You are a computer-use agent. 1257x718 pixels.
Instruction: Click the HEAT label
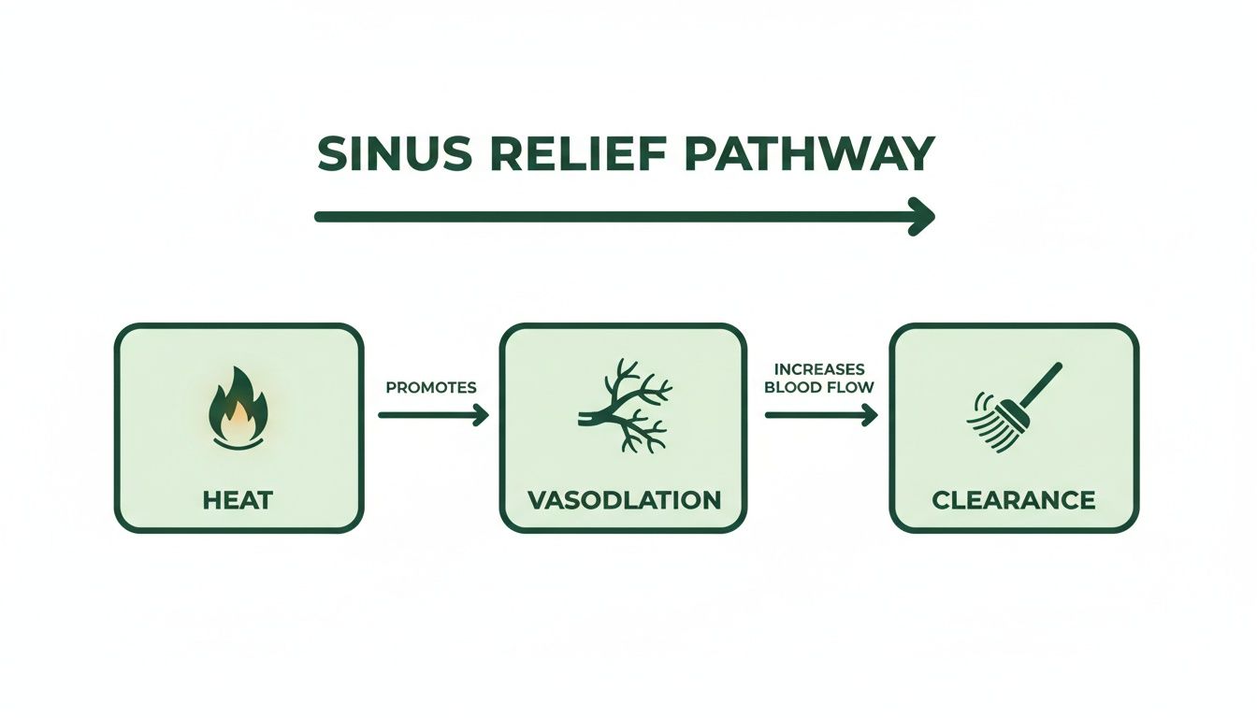[x=238, y=500]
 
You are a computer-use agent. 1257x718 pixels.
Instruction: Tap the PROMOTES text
[x=431, y=387]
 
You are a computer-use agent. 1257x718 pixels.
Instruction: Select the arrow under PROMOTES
[x=433, y=415]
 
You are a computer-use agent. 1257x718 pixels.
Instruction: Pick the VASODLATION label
[x=624, y=500]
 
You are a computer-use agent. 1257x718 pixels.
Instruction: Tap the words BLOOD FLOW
[x=819, y=387]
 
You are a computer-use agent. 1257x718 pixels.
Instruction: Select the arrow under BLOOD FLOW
[x=820, y=415]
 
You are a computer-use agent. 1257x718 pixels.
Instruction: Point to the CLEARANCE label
[x=1014, y=500]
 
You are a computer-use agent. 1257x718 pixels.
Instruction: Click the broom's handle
[x=1040, y=384]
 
